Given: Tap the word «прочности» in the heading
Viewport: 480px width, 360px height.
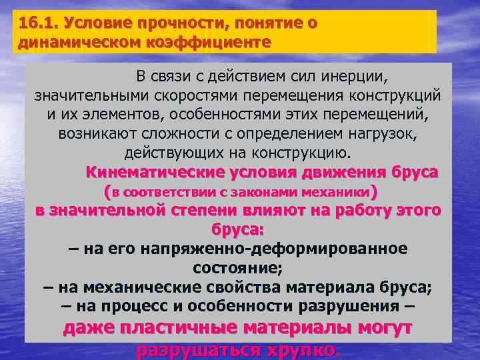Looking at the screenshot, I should click(x=168, y=23).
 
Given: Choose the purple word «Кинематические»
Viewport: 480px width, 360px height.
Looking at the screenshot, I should click(x=157, y=172).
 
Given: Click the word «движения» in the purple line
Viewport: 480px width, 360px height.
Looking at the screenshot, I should click(x=347, y=172).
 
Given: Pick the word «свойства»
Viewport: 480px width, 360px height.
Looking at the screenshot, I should click(x=243, y=288).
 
